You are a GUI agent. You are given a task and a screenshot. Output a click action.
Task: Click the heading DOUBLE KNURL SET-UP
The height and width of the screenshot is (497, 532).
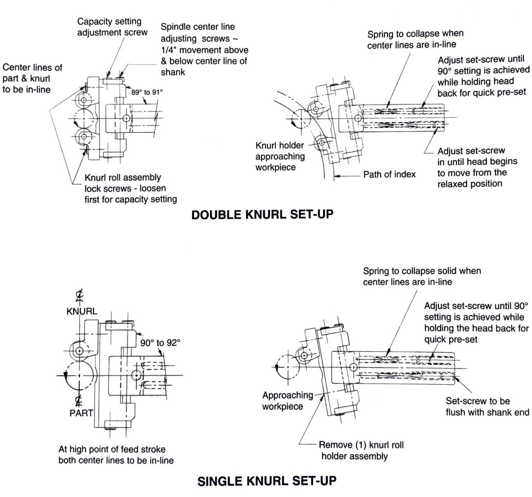pos(262,215)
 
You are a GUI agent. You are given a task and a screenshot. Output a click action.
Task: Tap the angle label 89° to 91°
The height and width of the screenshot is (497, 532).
pos(147,92)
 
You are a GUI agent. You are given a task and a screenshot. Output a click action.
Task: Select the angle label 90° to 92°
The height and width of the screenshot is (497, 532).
pos(160,343)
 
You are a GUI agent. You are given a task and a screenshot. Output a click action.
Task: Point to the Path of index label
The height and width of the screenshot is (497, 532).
pos(389,174)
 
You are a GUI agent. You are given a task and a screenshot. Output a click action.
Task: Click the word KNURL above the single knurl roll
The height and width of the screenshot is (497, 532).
pos(82,312)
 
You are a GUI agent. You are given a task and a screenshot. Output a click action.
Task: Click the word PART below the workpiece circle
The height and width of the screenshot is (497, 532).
pos(81,413)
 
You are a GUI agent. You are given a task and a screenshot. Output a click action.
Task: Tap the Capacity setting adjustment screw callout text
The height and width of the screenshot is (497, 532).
pos(112,27)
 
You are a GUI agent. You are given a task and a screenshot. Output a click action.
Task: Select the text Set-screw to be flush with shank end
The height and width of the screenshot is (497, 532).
pos(487,406)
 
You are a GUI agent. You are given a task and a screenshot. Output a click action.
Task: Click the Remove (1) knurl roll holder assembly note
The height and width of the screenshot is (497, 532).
pos(361,451)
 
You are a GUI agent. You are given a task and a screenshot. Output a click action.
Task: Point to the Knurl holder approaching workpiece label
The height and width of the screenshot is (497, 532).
pos(280,157)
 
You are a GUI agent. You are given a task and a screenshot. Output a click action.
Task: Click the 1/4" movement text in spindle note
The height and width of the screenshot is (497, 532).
pos(204,50)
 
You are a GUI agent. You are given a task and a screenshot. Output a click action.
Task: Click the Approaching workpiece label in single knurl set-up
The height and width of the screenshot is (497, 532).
pos(288,401)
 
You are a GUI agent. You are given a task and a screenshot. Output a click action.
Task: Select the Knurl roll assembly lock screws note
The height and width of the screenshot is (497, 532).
pos(130,188)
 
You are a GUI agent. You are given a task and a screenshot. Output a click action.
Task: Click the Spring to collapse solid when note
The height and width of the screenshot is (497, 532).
pos(422,276)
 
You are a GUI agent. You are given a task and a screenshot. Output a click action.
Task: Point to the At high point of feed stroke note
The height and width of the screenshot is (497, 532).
pos(116,454)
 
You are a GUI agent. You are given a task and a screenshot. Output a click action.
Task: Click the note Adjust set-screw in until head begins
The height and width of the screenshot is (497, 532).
pos(477,167)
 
